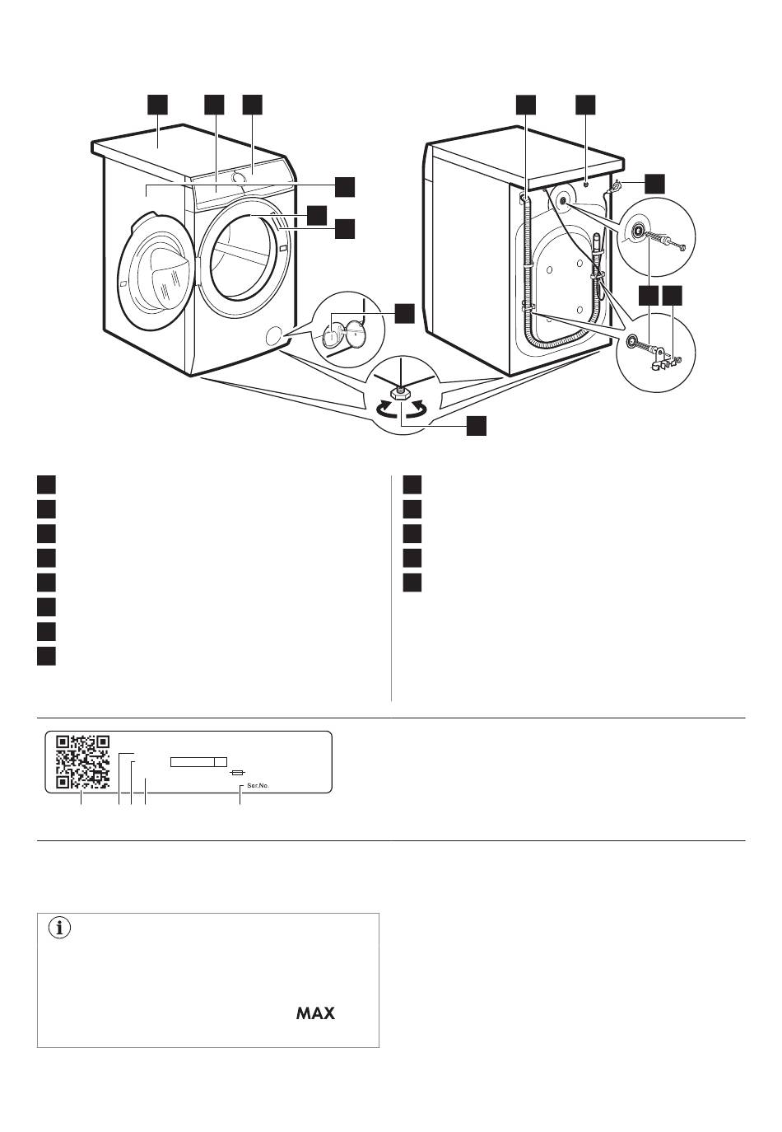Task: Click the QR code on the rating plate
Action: [x=83, y=761]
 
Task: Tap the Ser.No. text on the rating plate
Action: [x=258, y=786]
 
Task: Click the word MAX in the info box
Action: [x=315, y=1013]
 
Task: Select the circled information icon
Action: [x=59, y=928]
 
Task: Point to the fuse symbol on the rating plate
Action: [x=237, y=773]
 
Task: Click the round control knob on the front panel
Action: [x=238, y=177]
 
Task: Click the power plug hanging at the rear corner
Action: [x=614, y=187]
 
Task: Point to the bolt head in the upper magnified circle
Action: [x=683, y=247]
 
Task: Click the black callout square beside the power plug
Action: [x=654, y=184]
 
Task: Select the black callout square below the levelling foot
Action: [x=476, y=425]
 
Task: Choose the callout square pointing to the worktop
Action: [x=157, y=105]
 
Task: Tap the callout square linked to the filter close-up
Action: [x=404, y=313]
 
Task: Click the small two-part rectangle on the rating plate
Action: [x=198, y=761]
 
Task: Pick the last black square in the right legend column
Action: [x=412, y=582]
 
